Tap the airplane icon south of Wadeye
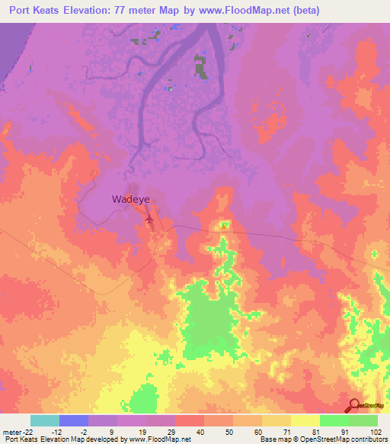(x=149, y=221)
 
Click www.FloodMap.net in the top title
(x=238, y=10)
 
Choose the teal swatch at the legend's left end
(x=44, y=420)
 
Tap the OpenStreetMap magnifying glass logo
(x=354, y=406)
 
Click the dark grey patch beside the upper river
(x=201, y=66)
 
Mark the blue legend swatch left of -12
(x=73, y=420)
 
